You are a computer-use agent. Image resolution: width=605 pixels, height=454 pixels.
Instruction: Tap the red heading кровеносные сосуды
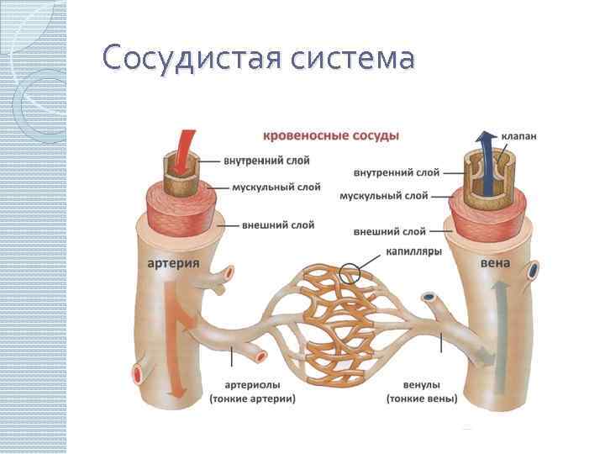(x=331, y=135)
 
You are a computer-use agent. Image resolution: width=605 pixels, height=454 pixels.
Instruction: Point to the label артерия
(x=173, y=262)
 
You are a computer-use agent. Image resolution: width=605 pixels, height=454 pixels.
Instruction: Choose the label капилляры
(x=414, y=250)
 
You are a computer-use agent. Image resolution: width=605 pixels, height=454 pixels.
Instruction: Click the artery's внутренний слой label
(x=267, y=160)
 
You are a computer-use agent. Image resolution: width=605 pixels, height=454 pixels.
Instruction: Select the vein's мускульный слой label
(x=384, y=196)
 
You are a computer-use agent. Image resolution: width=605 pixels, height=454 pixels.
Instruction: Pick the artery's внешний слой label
(x=278, y=225)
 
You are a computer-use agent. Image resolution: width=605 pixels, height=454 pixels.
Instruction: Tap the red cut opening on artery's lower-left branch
(x=138, y=372)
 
